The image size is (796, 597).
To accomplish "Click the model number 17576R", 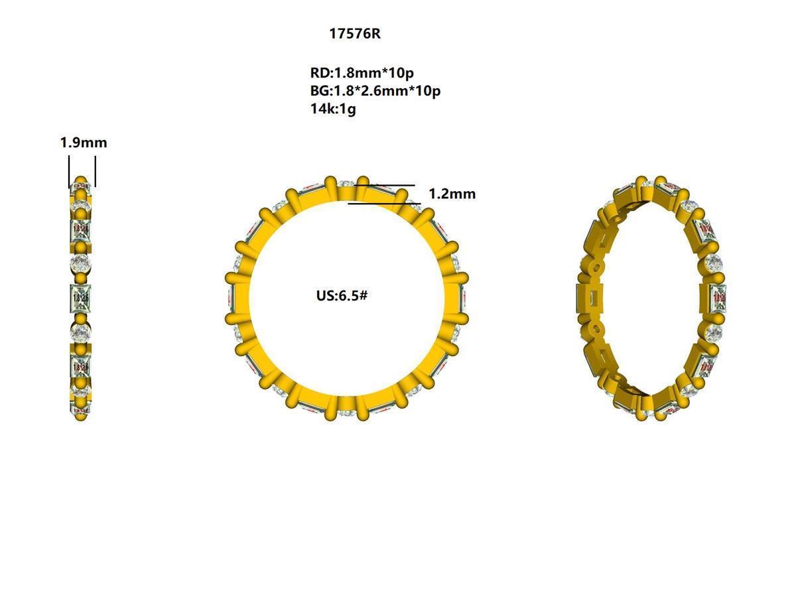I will [x=355, y=34].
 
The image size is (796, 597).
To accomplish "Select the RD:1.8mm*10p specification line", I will [x=362, y=73].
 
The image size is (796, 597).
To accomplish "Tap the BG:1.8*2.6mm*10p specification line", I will [x=375, y=91].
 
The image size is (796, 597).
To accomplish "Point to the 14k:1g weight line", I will [x=333, y=109].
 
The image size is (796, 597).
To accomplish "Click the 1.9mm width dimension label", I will [x=84, y=143].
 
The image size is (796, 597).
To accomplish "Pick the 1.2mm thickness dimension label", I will [x=452, y=194].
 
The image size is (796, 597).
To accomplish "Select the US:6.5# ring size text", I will [x=342, y=296].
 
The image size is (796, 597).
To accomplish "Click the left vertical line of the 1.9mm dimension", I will [x=69, y=171].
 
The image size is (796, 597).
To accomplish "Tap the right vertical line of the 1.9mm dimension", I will [x=96, y=171].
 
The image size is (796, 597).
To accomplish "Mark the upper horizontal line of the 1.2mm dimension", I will [x=391, y=186].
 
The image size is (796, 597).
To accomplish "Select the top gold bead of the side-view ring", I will [x=81, y=181].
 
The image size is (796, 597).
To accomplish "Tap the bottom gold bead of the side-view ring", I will [x=81, y=415].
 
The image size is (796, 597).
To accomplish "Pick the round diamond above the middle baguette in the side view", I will [x=81, y=264].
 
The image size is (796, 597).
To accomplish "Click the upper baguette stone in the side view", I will [x=81, y=229].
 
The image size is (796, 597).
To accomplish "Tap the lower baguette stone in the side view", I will [x=81, y=366].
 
